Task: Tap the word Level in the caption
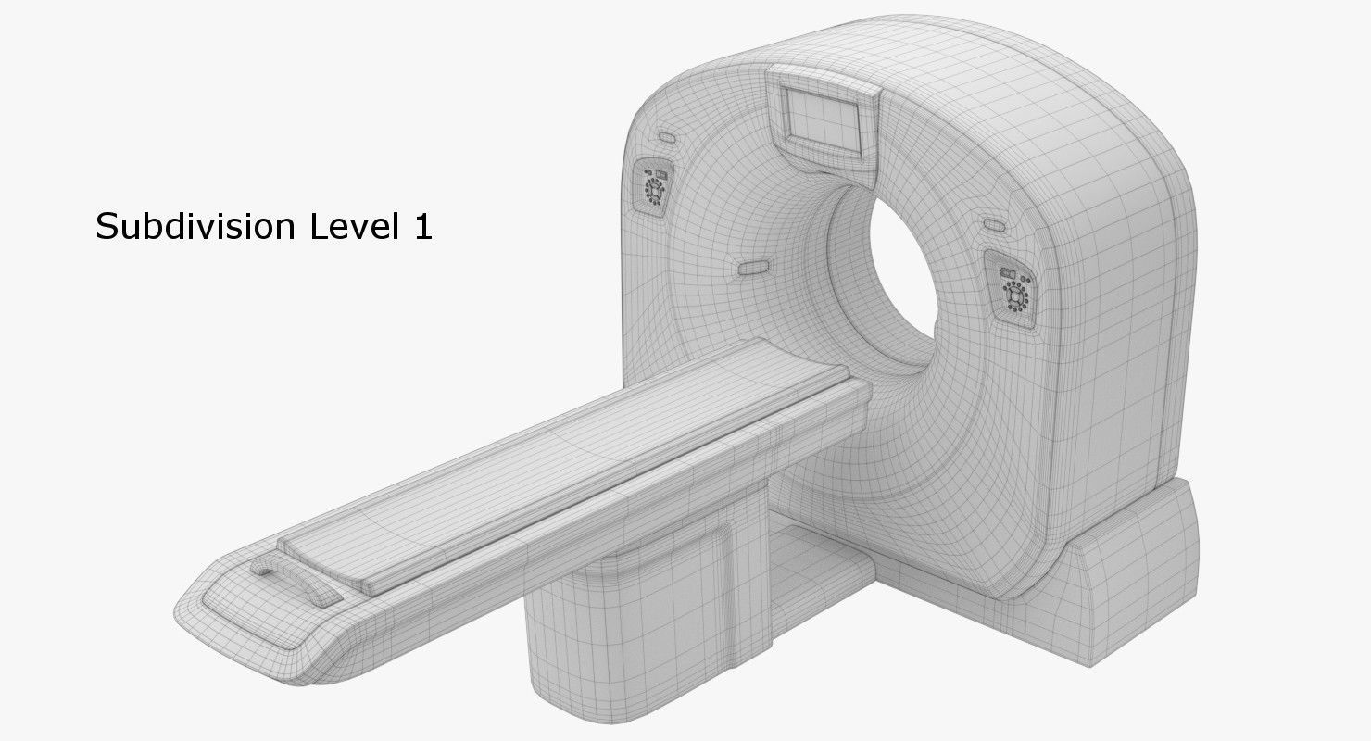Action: coord(344,226)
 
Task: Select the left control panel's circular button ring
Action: coord(654,189)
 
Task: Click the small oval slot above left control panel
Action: coord(666,138)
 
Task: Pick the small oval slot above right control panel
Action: coord(994,225)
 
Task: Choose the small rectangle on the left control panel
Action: coord(660,172)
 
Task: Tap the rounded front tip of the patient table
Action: coord(213,602)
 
